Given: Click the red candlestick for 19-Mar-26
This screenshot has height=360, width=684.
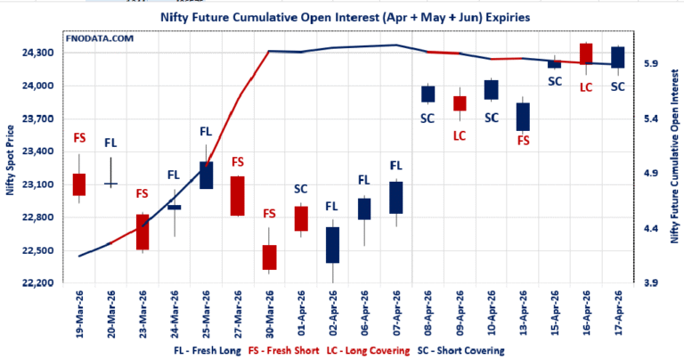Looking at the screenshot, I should pyautogui.click(x=79, y=184).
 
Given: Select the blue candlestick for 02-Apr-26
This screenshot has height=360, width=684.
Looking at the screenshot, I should pyautogui.click(x=333, y=244).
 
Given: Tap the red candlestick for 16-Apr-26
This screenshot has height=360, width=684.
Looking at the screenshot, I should pyautogui.click(x=586, y=53).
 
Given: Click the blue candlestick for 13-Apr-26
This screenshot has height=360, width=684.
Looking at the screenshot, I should pyautogui.click(x=523, y=117).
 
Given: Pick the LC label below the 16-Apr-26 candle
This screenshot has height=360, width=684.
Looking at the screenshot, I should pyautogui.click(x=586, y=87).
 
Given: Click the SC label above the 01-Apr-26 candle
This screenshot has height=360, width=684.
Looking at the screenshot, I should pyautogui.click(x=301, y=189).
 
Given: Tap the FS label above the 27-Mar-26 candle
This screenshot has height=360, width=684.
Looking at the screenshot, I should pyautogui.click(x=238, y=162).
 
